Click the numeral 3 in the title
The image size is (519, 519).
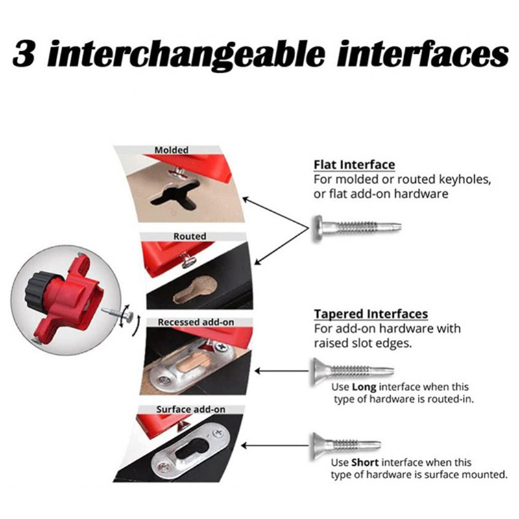24,54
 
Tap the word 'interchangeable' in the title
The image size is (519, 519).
186,54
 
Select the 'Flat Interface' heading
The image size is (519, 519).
354,165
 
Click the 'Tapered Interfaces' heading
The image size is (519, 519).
371,313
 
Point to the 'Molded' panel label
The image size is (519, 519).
171,150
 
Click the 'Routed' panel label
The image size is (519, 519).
189,236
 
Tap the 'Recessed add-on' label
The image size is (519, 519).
196,322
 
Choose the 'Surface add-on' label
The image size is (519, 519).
191,409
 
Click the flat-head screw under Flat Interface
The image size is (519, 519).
357,228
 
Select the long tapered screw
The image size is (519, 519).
352,370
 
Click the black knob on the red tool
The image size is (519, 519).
37,289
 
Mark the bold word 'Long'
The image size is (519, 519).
364,387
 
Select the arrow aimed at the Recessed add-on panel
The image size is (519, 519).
283,371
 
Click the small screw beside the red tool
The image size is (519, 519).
117,313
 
